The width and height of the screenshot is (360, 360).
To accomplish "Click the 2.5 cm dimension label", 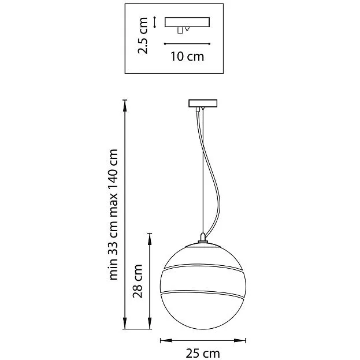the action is click(x=143, y=36).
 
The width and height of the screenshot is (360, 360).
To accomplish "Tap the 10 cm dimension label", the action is click(x=187, y=57).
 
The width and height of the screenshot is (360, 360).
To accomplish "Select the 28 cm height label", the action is click(x=138, y=281).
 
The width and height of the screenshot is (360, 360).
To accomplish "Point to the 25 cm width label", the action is click(x=203, y=353).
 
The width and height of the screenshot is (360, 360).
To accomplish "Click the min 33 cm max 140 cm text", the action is click(x=113, y=214).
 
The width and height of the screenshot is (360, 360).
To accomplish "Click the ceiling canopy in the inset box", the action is click(x=187, y=22).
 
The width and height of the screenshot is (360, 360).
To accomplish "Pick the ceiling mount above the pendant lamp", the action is click(x=203, y=103).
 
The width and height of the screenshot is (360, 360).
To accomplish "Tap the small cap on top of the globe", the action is click(x=203, y=237).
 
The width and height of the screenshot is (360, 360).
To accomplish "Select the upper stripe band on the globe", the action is click(x=203, y=266).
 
